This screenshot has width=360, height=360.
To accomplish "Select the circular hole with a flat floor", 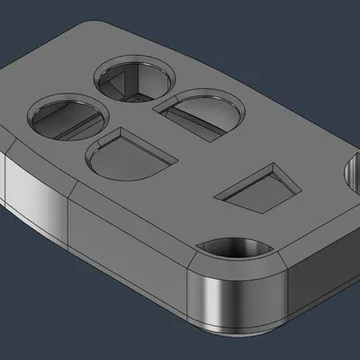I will [67, 117].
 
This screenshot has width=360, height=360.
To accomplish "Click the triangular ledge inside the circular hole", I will [117, 85].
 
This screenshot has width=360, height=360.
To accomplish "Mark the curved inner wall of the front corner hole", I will [236, 244].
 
